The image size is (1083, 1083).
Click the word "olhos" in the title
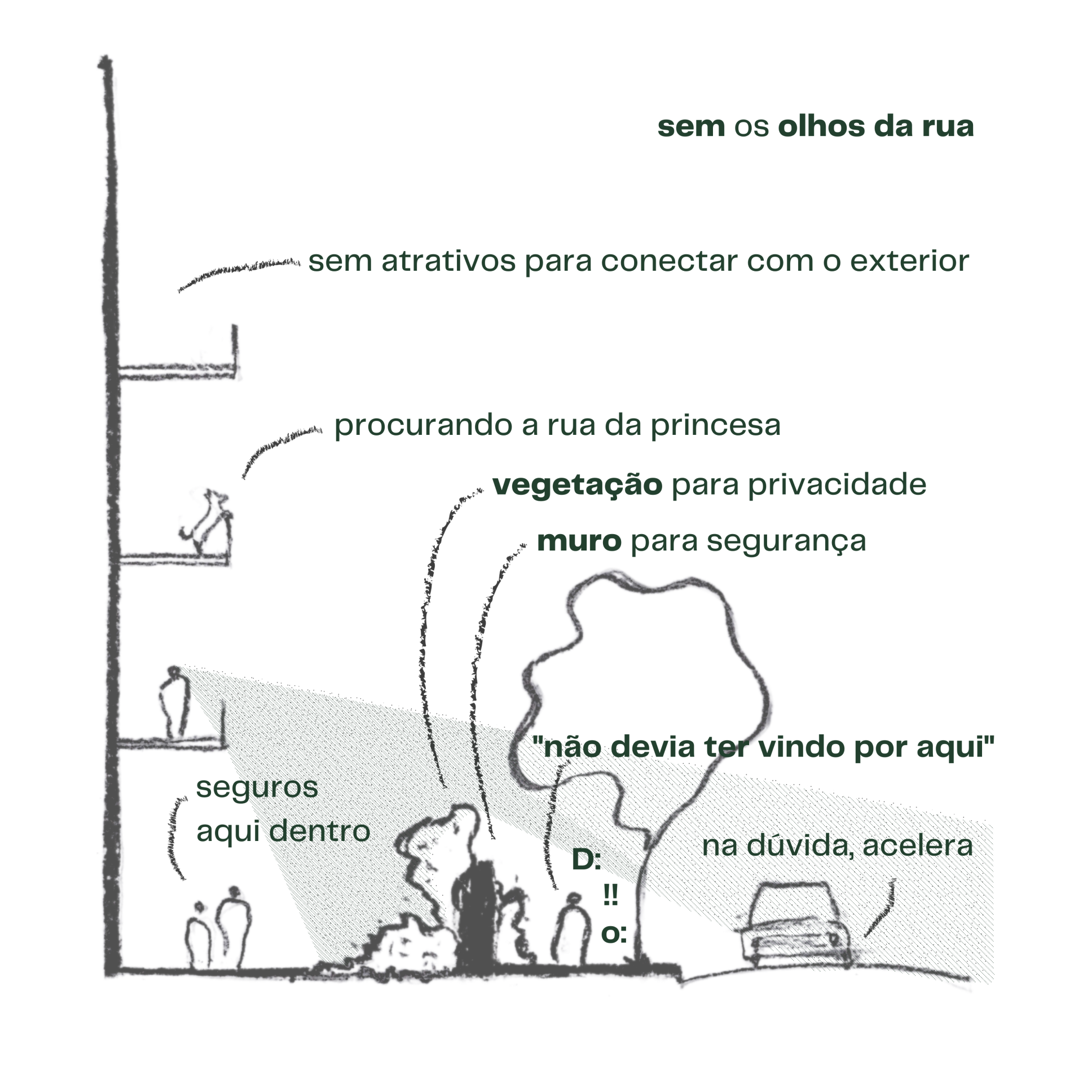(821, 126)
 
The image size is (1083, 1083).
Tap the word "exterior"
(909, 261)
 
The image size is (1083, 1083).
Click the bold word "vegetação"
(577, 485)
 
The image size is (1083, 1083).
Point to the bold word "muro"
(579, 541)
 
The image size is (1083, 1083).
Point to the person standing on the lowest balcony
(174, 702)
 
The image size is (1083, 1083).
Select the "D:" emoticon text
(586, 860)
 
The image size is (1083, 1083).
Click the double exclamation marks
(610, 895)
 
